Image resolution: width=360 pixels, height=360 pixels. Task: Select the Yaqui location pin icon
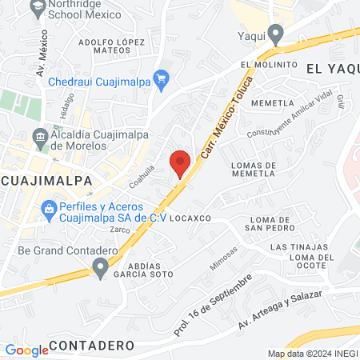click(x=276, y=34)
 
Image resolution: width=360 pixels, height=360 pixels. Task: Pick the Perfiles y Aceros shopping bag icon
click(x=49, y=209)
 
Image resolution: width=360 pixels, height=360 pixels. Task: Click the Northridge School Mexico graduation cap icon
click(x=37, y=6)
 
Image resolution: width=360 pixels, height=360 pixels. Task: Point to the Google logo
click(x=26, y=350)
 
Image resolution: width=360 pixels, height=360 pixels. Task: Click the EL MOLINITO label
click(x=267, y=65)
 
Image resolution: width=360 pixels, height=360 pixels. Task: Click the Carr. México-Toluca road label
click(x=218, y=118)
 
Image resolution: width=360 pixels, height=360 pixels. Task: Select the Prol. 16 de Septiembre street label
click(x=213, y=305)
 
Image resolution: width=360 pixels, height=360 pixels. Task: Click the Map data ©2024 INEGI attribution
click(x=312, y=354)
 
